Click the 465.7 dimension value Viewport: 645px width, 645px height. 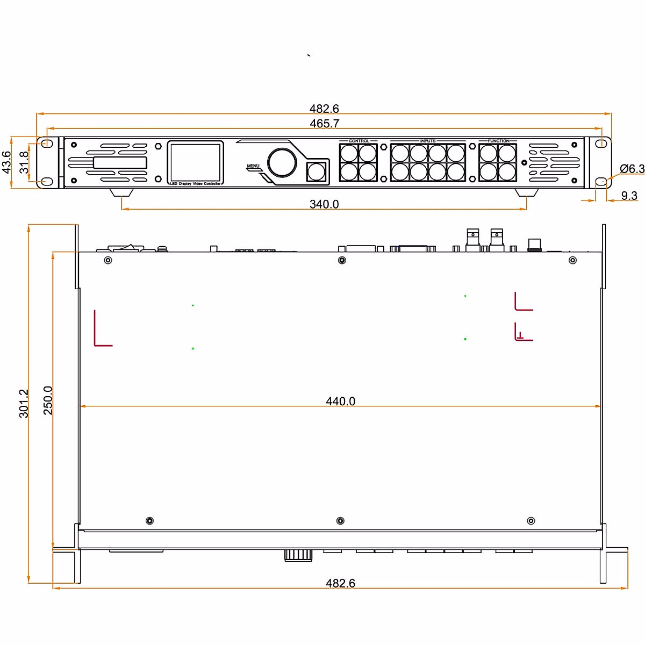point(324,124)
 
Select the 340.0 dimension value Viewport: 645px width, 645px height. point(324,204)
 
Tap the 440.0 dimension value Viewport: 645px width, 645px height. point(340,402)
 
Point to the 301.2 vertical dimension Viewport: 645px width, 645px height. point(24,403)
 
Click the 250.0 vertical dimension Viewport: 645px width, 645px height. point(48,400)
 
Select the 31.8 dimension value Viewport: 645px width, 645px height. point(24,162)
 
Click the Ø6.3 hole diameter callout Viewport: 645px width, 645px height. point(632,169)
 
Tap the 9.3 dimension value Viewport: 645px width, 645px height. point(629,196)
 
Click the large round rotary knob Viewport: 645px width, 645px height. point(282,162)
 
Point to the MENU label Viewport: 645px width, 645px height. point(253,166)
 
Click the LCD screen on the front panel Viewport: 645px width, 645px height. point(195,162)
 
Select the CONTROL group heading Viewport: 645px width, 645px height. point(359,141)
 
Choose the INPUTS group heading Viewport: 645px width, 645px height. point(428,141)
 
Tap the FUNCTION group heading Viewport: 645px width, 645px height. point(498,141)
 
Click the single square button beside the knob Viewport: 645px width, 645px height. point(316,172)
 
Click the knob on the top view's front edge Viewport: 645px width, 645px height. point(298,555)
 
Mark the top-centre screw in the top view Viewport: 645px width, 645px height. point(341,261)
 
